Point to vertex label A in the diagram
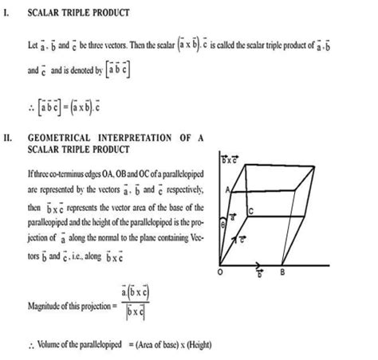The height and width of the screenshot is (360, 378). coord(229,190)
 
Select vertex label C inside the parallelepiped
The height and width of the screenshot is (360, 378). coord(250,210)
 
